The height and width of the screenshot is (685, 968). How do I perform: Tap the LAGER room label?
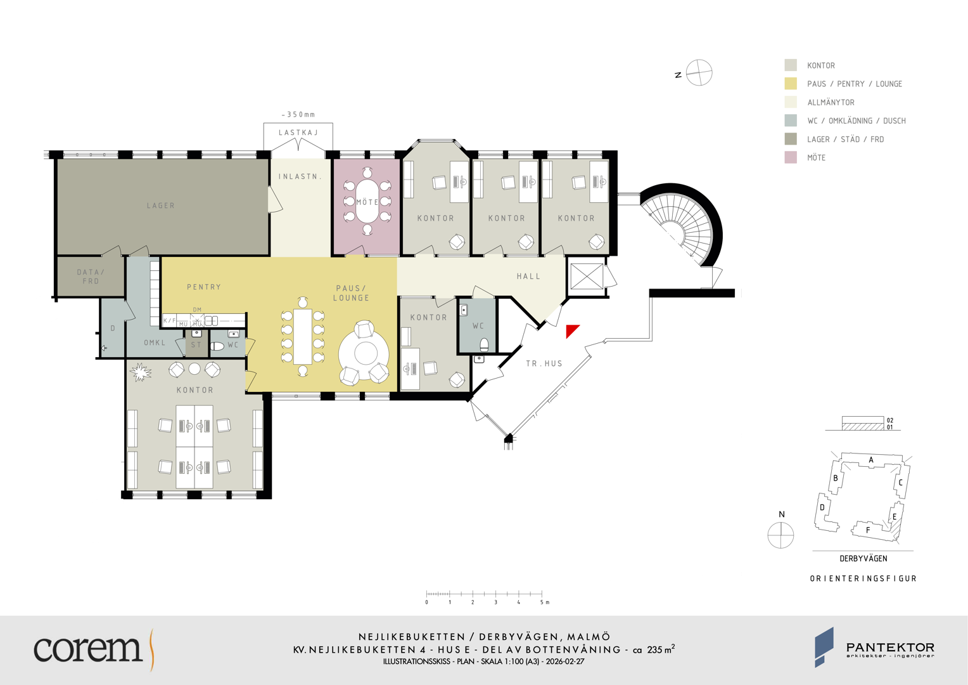point(161,205)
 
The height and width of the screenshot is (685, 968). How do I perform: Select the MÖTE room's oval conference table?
point(367,201)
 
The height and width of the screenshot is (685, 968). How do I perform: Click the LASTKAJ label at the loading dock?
point(298,133)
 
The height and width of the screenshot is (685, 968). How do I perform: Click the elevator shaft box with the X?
point(587,276)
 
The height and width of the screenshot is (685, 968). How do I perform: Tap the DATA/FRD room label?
point(91,277)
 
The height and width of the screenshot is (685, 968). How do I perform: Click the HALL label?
point(528,276)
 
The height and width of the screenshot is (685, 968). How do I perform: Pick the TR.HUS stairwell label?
point(544,363)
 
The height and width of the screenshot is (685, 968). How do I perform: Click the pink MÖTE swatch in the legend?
point(791,157)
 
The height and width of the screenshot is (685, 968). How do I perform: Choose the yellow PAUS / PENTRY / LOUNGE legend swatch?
point(791,84)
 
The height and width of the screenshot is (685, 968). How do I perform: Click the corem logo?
point(93,649)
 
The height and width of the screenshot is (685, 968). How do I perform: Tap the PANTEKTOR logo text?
point(890,648)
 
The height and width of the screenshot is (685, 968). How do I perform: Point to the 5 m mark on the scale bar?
point(542,594)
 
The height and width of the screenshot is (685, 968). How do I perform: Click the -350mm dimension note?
point(298,115)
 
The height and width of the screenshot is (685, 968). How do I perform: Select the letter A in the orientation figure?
point(871,460)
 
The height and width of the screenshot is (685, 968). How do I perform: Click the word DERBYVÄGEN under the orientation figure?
point(863,559)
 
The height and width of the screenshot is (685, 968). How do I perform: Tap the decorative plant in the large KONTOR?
point(140,372)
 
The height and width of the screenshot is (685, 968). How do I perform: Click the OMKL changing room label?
point(155,342)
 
